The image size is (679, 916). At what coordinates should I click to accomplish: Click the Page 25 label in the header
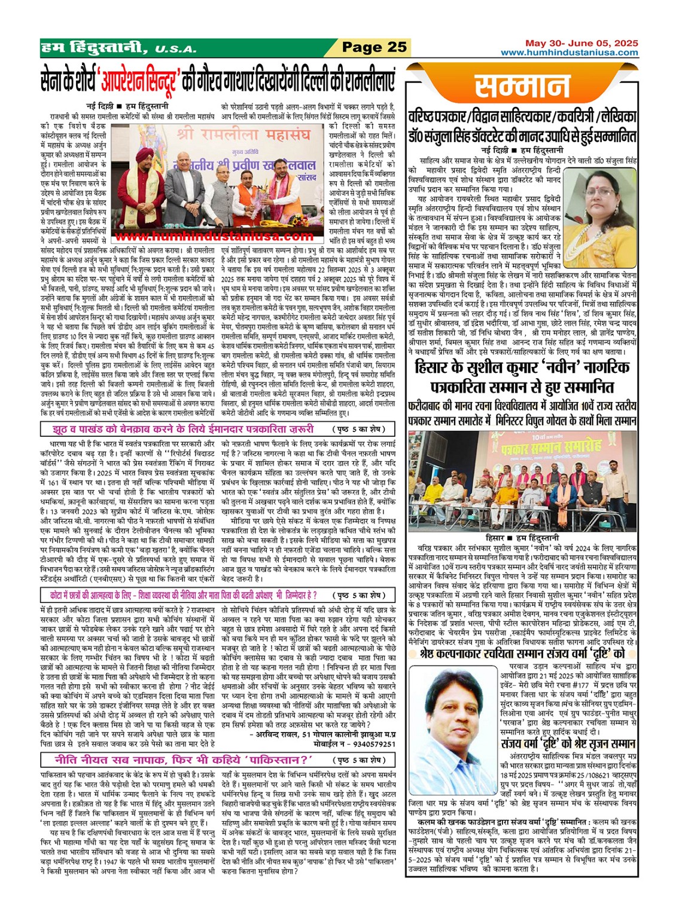click(374, 47)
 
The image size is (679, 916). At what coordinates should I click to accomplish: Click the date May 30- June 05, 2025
click(581, 43)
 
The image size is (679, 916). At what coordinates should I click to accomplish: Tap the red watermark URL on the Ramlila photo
click(215, 237)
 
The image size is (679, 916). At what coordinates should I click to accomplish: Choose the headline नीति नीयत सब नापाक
click(184, 760)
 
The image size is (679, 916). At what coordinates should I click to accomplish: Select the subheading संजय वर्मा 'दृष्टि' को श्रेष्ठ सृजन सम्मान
click(568, 745)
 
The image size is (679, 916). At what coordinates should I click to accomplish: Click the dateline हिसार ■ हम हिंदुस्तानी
click(522, 537)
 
